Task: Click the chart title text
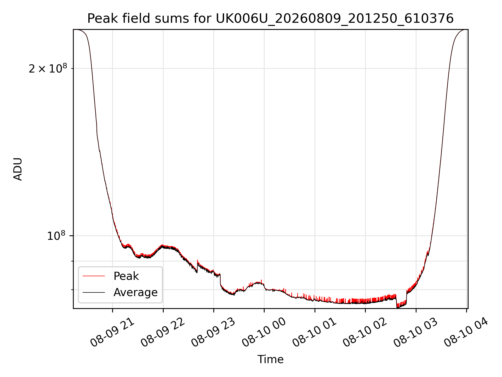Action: pyautogui.click(x=270, y=19)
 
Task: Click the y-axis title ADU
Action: pyautogui.click(x=18, y=169)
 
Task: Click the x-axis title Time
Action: pyautogui.click(x=270, y=359)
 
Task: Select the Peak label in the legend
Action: pyautogui.click(x=126, y=276)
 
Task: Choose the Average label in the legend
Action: pyautogui.click(x=135, y=292)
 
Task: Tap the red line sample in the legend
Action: pyautogui.click(x=94, y=276)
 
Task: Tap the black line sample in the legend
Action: pyautogui.click(x=94, y=292)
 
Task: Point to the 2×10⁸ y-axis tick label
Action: pyautogui.click(x=48, y=69)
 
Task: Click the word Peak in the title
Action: pyautogui.click(x=99, y=19)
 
